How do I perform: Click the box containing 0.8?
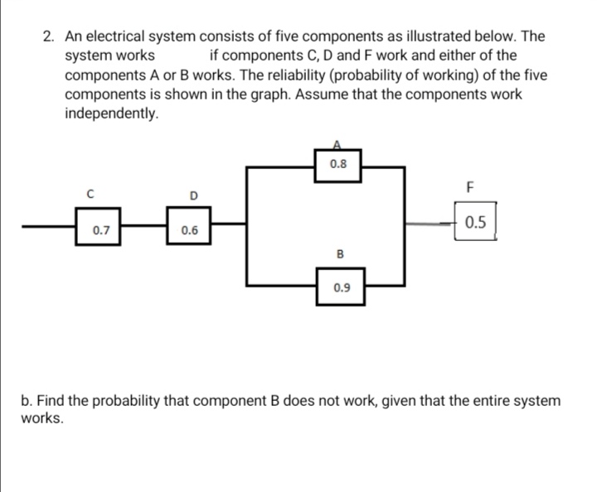[338, 164]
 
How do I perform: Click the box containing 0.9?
[341, 288]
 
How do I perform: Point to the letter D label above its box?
[192, 195]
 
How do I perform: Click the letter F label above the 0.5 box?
[470, 186]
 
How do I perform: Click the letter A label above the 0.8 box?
[337, 142]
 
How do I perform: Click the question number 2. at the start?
[50, 36]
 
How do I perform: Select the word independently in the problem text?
[111, 113]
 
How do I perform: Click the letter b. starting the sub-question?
[27, 401]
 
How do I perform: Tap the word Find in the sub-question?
[56, 401]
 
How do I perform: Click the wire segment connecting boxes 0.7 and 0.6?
[145, 223]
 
